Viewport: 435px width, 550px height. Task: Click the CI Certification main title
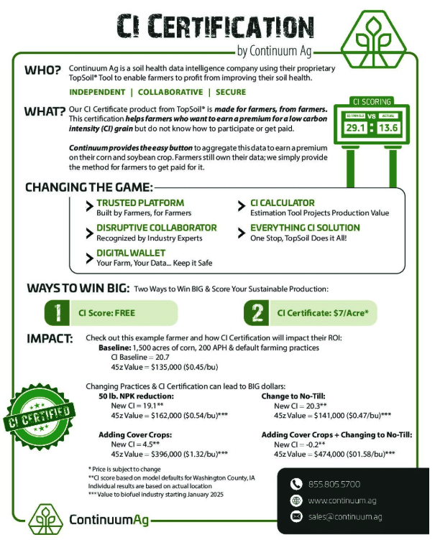[x=216, y=27]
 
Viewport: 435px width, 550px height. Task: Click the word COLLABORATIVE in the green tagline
[x=170, y=93]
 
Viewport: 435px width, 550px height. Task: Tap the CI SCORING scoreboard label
[x=372, y=101]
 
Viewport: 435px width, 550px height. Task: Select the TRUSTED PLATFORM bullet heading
[x=140, y=203]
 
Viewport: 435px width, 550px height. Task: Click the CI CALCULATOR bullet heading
[x=283, y=203]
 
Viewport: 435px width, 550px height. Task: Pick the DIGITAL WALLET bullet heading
[x=131, y=253]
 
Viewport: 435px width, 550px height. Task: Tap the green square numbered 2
[x=257, y=313]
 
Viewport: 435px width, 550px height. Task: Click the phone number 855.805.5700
[x=335, y=484]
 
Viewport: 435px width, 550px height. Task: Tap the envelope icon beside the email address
[x=296, y=516]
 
